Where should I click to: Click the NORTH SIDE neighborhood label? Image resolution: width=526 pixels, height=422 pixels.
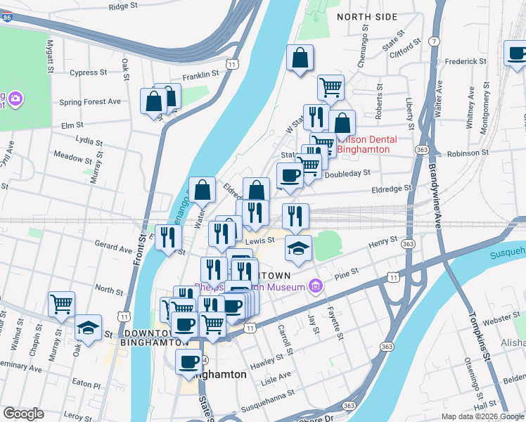coord(366,16)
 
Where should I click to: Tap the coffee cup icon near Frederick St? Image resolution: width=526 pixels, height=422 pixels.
coord(517,53)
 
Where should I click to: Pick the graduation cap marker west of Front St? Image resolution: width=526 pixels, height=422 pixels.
coord(88,327)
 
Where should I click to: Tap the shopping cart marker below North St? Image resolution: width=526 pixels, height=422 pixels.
coord(62,305)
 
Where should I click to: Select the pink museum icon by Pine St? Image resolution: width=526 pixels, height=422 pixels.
coord(316,286)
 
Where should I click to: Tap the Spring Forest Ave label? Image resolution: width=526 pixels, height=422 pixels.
coord(90,101)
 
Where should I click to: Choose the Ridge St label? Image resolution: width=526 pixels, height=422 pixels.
coord(124,6)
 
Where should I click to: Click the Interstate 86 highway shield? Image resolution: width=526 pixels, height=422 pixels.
coord(6,14)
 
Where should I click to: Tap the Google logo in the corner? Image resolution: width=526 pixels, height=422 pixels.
coord(23,414)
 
